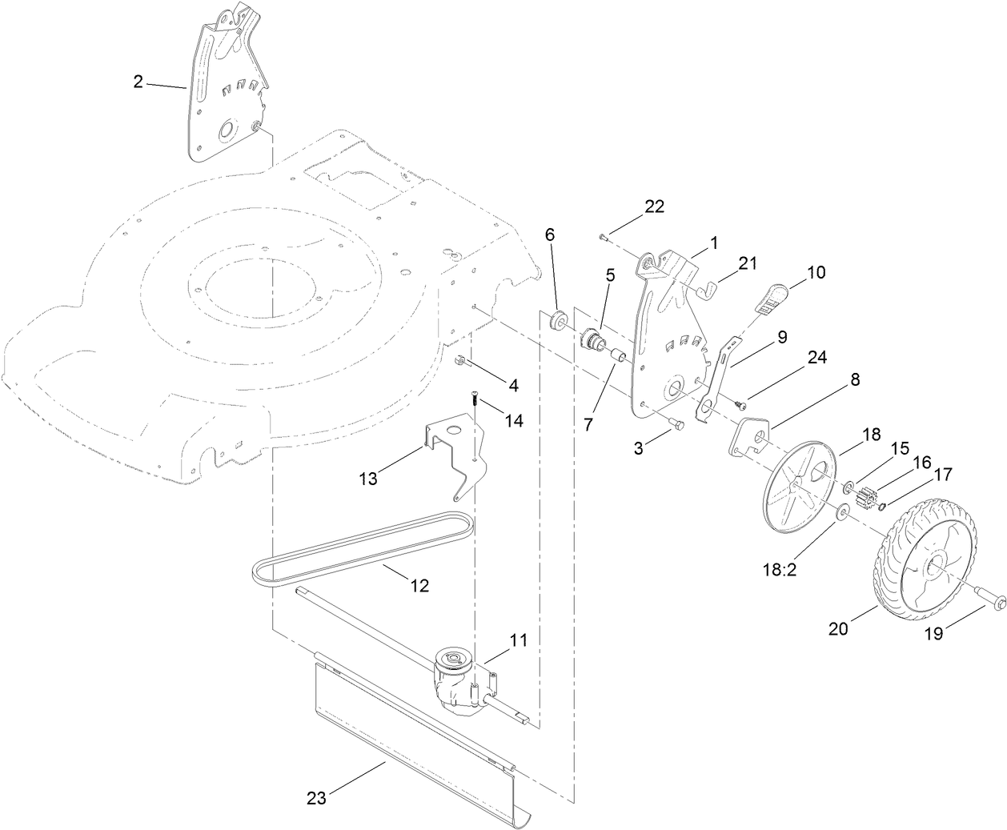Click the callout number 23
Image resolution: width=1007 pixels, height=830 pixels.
pos(317,797)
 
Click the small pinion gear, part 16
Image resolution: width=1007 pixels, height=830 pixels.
pos(865,500)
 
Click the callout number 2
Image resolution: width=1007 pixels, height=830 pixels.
pos(138,81)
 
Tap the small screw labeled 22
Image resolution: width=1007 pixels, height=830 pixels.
pos(603,237)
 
